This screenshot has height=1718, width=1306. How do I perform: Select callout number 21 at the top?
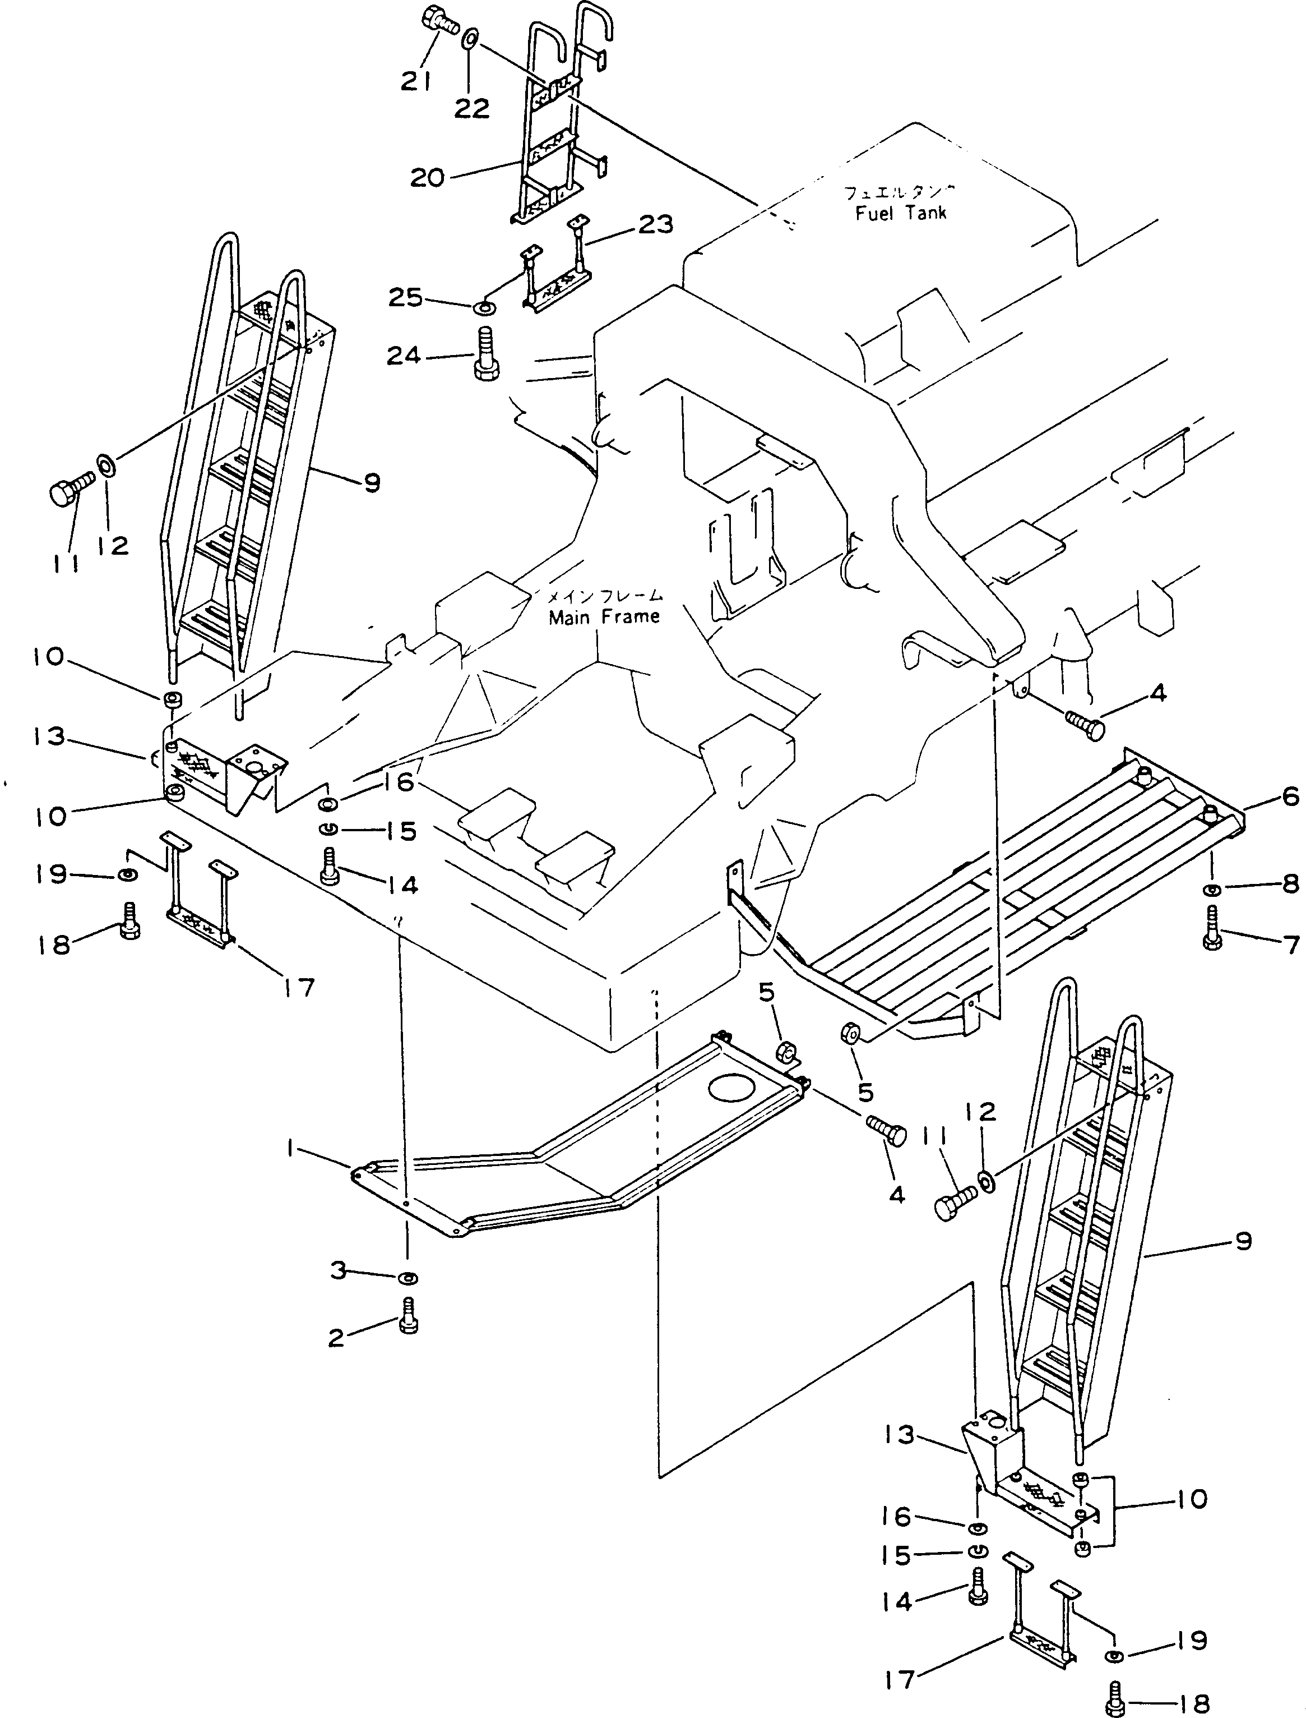416,80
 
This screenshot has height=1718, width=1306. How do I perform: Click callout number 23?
655,225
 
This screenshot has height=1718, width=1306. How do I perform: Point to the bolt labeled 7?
1212,927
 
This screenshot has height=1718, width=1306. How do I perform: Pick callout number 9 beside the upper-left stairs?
372,483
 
